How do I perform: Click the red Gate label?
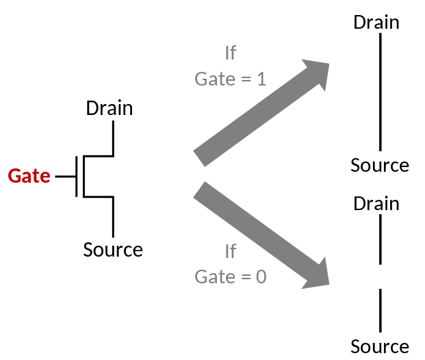29,176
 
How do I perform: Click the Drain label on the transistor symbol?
110,108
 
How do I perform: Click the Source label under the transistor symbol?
113,250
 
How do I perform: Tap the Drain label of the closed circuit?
376,22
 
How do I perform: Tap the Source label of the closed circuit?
380,165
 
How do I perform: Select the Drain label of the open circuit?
376,203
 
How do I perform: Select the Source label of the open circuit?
380,346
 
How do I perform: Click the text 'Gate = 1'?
230,79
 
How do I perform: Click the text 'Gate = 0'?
230,277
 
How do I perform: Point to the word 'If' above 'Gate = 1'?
231,53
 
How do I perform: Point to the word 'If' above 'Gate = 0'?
231,251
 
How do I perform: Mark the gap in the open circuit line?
380,277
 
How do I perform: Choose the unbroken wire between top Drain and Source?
380,92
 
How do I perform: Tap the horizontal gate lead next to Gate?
66,176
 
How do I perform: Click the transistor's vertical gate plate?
77,176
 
